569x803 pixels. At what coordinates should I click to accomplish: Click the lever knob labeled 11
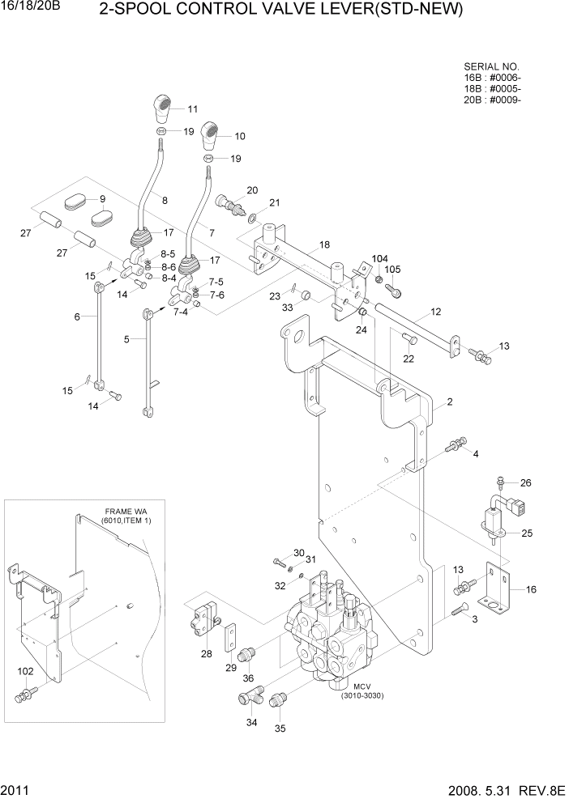tap(165, 106)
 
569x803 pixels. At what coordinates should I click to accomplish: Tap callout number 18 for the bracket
tap(325, 244)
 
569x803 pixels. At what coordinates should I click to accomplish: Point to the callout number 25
tap(527, 533)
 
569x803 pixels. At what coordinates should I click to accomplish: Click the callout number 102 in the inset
tap(25, 672)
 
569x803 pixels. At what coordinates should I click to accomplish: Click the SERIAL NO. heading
tap(491, 66)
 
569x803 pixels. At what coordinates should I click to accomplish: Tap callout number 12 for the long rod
tap(435, 312)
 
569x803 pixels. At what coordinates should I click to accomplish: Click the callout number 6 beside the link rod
tap(77, 317)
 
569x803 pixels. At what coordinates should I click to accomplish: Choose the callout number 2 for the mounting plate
tap(448, 402)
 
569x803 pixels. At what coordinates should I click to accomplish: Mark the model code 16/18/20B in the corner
tap(36, 6)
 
